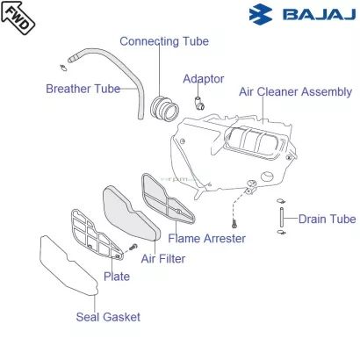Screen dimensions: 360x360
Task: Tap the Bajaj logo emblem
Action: click(x=261, y=14)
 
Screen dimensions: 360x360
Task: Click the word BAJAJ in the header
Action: click(x=319, y=14)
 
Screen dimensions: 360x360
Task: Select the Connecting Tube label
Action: click(x=164, y=41)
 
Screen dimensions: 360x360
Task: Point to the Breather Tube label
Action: click(x=83, y=89)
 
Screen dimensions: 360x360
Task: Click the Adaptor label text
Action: click(x=204, y=79)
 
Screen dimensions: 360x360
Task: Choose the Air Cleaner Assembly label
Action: click(x=295, y=92)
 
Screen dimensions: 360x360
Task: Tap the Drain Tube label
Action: click(x=327, y=219)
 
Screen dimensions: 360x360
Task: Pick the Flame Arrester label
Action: click(x=206, y=239)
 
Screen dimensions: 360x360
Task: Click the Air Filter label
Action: click(x=163, y=259)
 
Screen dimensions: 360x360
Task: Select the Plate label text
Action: click(x=117, y=277)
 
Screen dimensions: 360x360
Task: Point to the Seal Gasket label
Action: click(x=108, y=317)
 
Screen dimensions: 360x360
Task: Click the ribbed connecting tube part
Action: click(x=164, y=109)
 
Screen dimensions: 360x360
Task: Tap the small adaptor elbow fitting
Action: click(x=199, y=103)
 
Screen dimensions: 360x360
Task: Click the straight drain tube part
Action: click(x=282, y=217)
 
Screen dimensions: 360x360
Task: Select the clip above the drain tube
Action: click(x=281, y=201)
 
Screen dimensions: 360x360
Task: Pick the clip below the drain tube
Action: click(x=282, y=233)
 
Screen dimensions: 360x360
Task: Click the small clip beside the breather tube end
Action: click(x=63, y=68)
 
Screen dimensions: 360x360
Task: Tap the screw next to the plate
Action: click(x=133, y=247)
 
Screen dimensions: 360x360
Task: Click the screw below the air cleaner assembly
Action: click(x=234, y=225)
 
